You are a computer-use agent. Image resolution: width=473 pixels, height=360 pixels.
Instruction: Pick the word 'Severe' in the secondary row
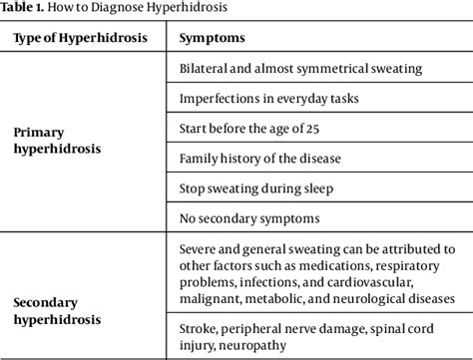(x=200, y=248)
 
